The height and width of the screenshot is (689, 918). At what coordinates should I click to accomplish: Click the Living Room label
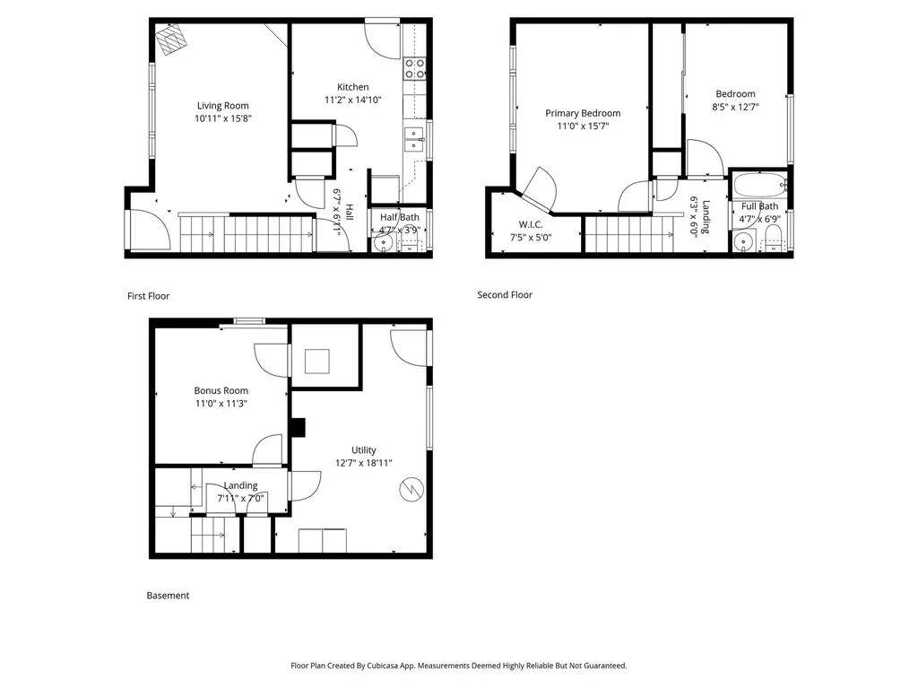222,106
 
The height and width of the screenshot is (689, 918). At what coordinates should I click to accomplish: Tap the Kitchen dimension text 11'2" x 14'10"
353,100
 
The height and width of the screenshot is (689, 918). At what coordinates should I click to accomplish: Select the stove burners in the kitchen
415,68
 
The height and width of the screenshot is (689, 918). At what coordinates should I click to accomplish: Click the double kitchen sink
414,139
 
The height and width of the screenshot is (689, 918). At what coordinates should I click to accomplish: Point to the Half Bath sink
384,242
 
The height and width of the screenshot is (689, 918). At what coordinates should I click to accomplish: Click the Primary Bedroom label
583,113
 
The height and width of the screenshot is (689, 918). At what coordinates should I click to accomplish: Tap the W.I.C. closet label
531,224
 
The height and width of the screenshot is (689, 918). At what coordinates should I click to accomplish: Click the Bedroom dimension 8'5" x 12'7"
735,107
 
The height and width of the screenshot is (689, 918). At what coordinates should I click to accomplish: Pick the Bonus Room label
221,390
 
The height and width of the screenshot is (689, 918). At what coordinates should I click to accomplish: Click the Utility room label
364,450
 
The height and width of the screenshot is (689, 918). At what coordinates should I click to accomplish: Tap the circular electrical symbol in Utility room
411,489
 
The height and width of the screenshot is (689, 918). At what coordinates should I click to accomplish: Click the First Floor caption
148,296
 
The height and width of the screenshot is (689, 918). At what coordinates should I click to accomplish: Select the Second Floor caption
505,294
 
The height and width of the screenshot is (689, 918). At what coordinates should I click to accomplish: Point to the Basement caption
168,596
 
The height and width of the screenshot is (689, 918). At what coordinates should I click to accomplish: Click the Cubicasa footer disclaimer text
458,666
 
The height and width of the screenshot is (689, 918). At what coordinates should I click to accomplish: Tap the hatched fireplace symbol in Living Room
171,39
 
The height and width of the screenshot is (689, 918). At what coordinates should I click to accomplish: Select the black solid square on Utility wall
299,427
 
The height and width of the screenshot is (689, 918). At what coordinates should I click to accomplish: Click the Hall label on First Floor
349,212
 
